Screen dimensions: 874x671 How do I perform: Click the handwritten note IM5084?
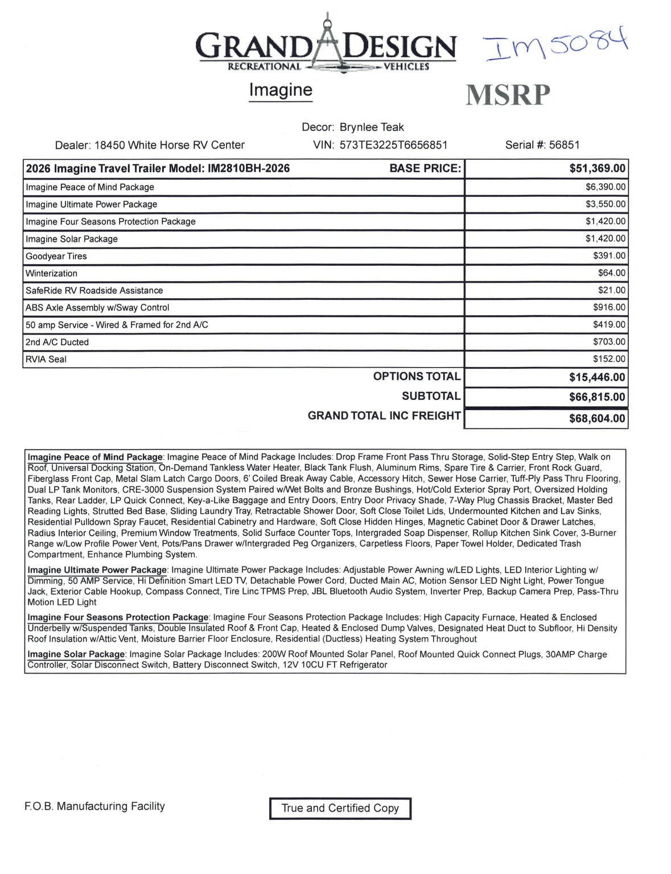555,44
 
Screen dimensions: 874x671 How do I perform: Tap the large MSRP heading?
508,95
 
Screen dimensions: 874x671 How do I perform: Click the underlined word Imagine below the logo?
281,90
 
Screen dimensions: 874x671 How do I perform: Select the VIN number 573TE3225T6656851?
393,145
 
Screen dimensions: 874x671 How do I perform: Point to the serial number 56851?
564,145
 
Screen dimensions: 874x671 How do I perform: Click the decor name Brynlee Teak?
372,127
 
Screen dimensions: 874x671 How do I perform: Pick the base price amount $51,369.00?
597,168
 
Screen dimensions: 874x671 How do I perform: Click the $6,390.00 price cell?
605,187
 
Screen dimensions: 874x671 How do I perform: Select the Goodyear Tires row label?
56,256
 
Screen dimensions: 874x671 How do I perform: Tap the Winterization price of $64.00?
611,273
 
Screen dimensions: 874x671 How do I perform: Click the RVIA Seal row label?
46,360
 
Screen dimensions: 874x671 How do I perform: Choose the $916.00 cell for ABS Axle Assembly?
609,308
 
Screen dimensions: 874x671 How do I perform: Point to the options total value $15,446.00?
597,377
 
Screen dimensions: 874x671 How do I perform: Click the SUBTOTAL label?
431,396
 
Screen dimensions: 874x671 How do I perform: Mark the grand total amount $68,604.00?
597,419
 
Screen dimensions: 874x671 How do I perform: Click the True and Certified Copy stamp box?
340,808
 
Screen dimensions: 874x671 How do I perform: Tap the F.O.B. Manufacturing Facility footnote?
94,806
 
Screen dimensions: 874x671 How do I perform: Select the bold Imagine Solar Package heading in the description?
76,654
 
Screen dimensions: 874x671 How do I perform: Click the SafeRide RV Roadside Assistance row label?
94,291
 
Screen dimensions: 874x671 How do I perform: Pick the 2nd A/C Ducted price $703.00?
609,342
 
